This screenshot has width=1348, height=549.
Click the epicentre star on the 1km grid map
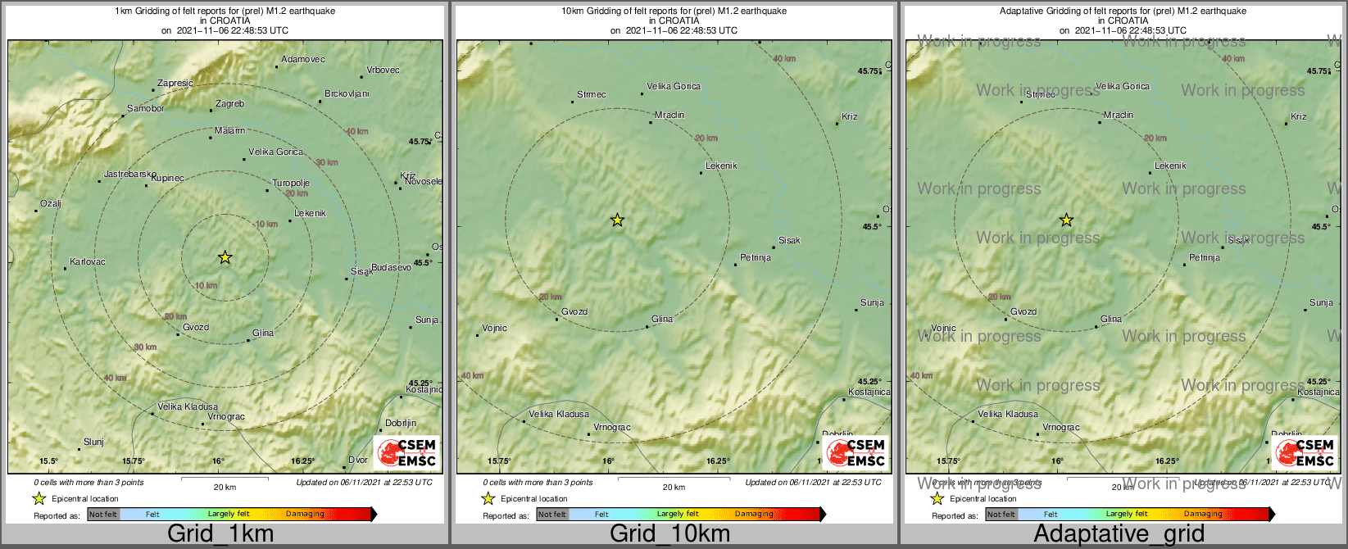225,257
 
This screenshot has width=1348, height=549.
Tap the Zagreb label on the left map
229,104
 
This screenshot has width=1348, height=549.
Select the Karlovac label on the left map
88,262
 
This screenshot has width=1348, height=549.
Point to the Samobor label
146,109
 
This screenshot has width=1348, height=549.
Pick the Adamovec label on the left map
303,60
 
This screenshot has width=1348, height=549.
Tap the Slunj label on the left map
94,442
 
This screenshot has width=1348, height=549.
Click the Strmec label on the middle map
592,95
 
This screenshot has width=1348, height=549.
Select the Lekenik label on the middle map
721,166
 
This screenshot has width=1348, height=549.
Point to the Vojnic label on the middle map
495,329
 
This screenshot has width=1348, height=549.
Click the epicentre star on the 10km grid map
618,220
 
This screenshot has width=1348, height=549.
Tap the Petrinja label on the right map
1205,258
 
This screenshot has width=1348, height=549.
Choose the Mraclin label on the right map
1119,116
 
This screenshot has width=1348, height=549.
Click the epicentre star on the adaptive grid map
1066,220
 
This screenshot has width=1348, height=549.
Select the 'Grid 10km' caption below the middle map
669,533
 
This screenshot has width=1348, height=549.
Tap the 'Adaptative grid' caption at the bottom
1119,533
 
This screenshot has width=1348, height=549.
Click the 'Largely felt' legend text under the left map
229,515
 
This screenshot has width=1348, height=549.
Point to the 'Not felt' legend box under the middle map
552,515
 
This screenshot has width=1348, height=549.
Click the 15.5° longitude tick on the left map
48,461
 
